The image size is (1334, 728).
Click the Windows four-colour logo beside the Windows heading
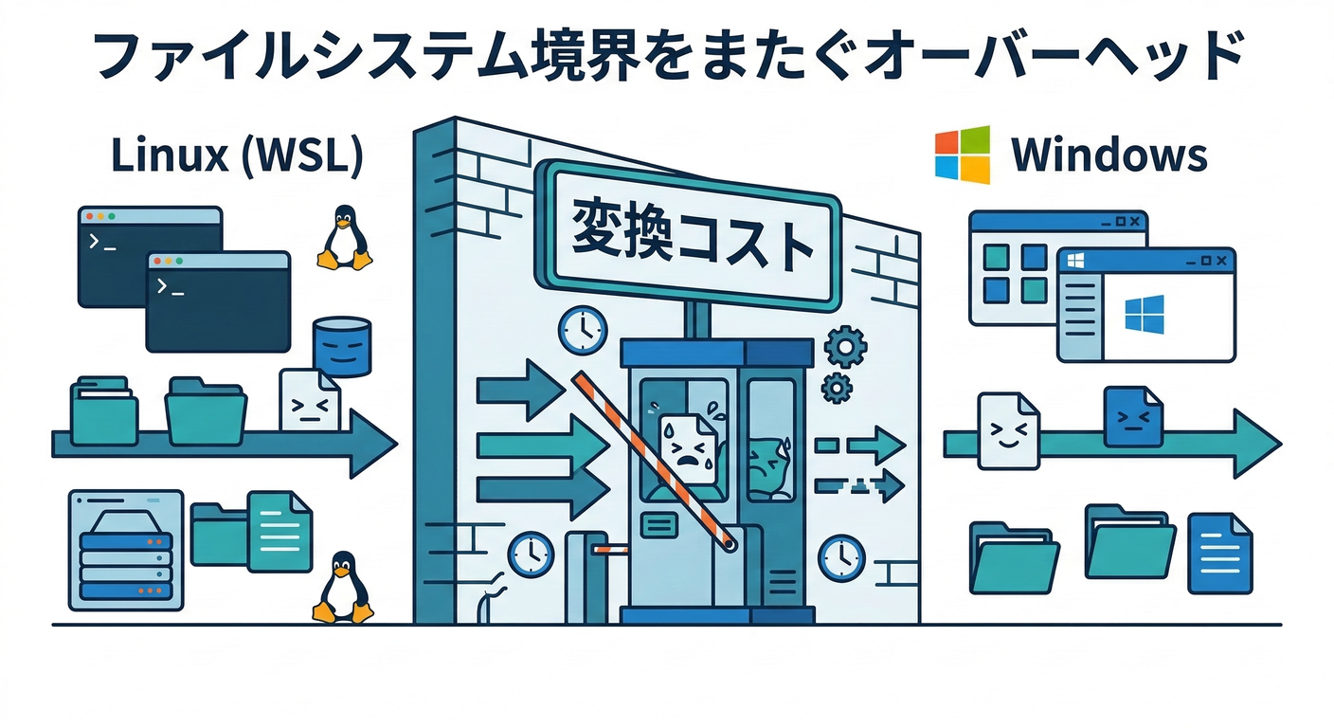click(963, 155)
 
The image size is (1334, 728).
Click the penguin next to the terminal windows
click(344, 237)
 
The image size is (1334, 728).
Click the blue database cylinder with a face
click(342, 348)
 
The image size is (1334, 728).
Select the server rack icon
click(125, 551)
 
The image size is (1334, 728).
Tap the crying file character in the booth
click(685, 446)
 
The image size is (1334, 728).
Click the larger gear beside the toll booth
click(842, 348)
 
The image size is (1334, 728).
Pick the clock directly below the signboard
click(582, 330)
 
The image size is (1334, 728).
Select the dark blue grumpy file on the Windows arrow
click(1133, 417)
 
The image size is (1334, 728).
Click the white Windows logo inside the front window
click(1145, 313)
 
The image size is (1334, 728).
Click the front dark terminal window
click(218, 301)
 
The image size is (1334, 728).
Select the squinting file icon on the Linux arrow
click(309, 401)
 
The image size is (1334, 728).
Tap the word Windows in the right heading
click(1109, 155)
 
